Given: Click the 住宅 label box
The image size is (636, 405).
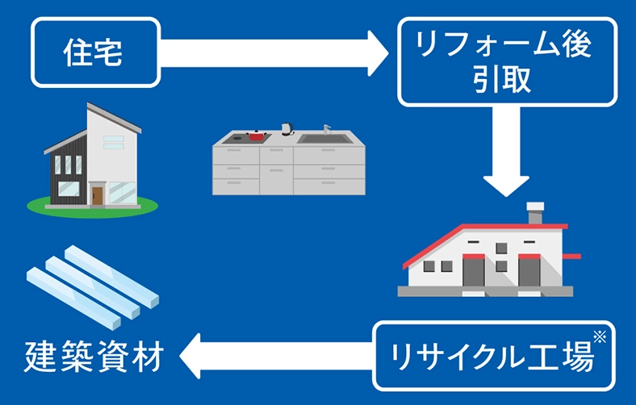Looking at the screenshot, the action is pos(96,52).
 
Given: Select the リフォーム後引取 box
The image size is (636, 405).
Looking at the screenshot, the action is pos(508,61).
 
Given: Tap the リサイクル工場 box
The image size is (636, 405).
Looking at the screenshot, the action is pos(494,356).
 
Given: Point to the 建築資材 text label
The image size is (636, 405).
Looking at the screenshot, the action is pos(94,357).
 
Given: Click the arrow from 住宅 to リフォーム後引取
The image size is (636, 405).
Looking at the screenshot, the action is pos(274,53).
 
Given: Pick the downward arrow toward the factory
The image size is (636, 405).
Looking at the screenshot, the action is pos(506,152).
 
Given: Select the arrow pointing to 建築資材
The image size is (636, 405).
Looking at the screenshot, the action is pos(276,356).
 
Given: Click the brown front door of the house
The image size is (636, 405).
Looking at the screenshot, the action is pos(98,196).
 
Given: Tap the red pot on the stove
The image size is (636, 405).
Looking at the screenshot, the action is pos(256,136).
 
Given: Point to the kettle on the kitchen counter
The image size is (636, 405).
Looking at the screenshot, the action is pos(287,129).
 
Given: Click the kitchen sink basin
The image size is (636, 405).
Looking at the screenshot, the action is pos(325,139).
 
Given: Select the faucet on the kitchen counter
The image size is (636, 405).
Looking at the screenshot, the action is pos(327,129).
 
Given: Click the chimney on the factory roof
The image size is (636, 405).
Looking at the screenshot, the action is pos(535,213).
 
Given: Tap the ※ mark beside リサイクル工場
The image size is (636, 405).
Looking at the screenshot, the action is pos(600,336).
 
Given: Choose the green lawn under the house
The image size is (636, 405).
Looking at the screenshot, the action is pos(93,207).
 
